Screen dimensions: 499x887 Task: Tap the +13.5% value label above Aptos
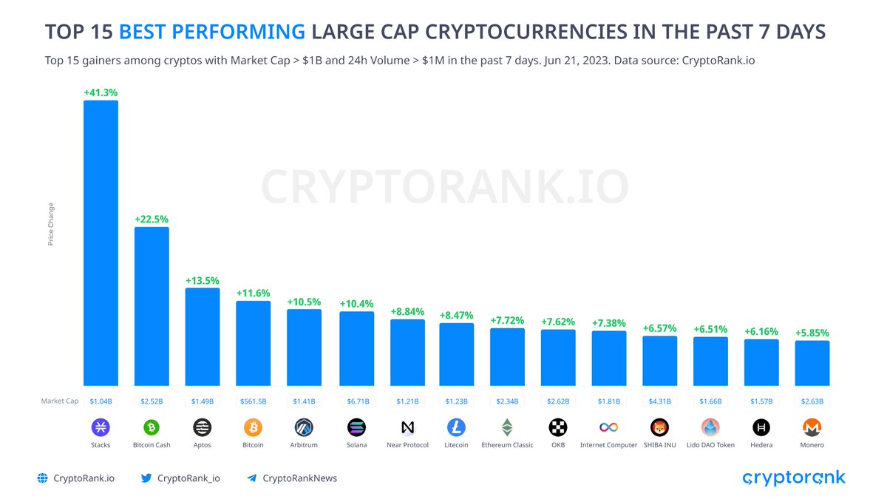pyautogui.click(x=202, y=280)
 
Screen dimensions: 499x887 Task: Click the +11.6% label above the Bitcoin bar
pyautogui.click(x=254, y=293)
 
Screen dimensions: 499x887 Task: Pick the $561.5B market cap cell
pyautogui.click(x=254, y=401)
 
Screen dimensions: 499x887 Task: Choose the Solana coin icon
pyautogui.click(x=356, y=427)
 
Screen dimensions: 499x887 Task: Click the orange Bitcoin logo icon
pyautogui.click(x=254, y=427)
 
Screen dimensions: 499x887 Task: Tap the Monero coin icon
pyautogui.click(x=812, y=427)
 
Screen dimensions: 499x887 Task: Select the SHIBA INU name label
pyautogui.click(x=659, y=445)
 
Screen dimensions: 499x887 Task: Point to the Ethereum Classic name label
pyautogui.click(x=507, y=445)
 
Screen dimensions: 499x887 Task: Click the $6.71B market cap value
pyautogui.click(x=356, y=401)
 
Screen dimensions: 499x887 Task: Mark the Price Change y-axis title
pyautogui.click(x=51, y=224)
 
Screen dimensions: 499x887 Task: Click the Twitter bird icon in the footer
pyautogui.click(x=146, y=478)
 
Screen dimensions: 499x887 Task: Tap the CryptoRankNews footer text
pyautogui.click(x=299, y=478)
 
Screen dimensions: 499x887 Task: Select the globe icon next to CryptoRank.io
pyautogui.click(x=43, y=478)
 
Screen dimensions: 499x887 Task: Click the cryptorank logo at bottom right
pyautogui.click(x=793, y=478)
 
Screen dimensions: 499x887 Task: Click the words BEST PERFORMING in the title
pyautogui.click(x=212, y=32)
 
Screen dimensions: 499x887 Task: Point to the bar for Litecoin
pyautogui.click(x=456, y=354)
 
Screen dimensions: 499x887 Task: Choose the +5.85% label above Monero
pyautogui.click(x=812, y=333)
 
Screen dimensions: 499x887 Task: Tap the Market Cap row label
pyautogui.click(x=59, y=401)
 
